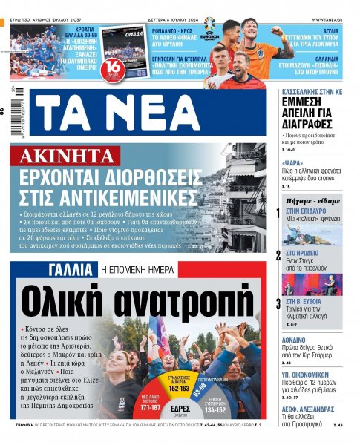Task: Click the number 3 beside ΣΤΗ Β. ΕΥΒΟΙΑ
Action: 278,303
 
